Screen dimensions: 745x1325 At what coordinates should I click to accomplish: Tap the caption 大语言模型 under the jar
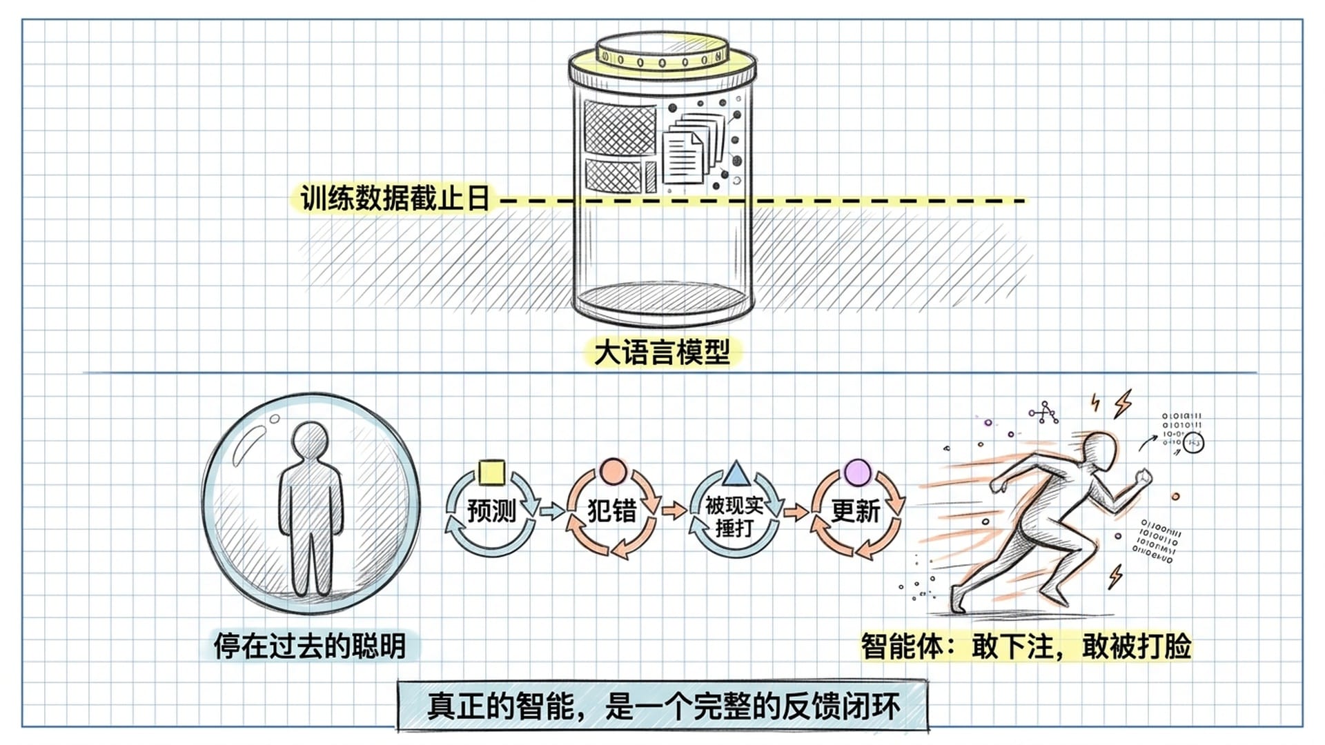click(662, 353)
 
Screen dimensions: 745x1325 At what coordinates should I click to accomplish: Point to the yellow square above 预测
click(491, 473)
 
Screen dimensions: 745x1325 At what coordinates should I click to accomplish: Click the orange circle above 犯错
click(612, 473)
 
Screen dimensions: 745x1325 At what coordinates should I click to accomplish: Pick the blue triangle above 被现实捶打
click(736, 474)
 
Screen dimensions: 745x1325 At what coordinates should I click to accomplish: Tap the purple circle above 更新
click(857, 473)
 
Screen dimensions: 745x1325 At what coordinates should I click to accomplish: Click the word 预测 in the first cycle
click(491, 511)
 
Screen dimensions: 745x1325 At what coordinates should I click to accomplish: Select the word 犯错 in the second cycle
click(611, 511)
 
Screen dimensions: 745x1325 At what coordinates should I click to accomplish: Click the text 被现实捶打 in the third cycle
click(734, 517)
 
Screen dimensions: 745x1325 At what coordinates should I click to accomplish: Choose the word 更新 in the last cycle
click(856, 511)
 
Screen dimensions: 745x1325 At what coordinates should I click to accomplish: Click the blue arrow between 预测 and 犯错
click(551, 511)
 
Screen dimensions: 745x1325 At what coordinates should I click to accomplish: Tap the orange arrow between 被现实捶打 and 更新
click(796, 512)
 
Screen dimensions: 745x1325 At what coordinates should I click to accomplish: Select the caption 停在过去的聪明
click(309, 646)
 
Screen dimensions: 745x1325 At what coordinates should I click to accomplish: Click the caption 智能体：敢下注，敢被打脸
click(1025, 646)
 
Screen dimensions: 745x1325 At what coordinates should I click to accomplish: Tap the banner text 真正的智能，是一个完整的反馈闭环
click(662, 706)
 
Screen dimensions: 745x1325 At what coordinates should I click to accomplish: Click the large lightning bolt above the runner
click(1123, 404)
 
